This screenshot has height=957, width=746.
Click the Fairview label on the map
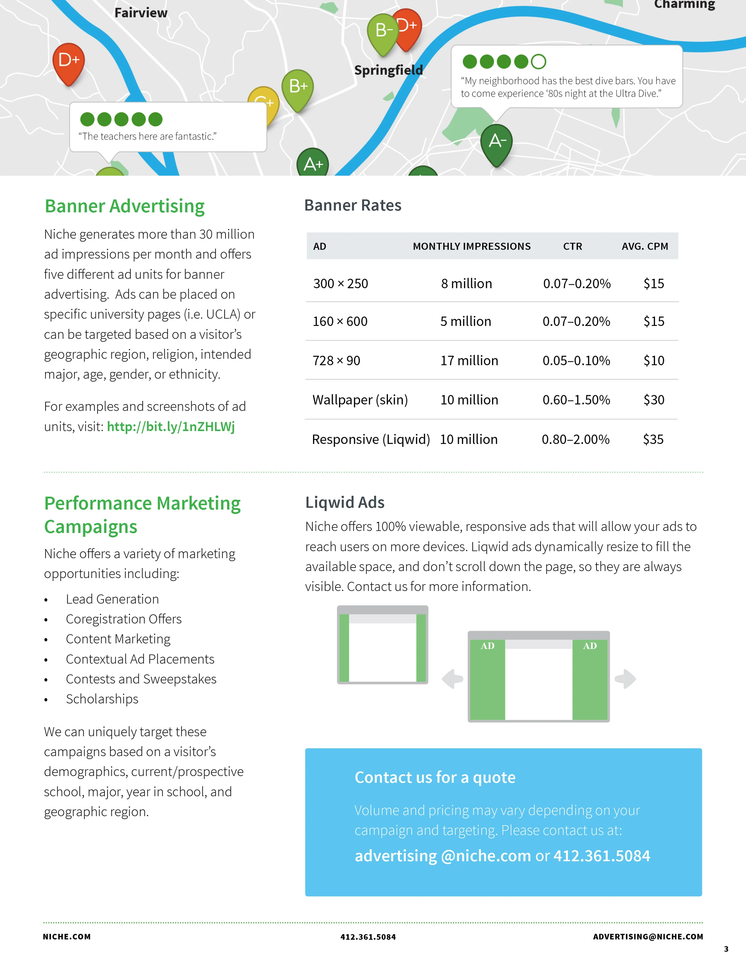tap(141, 13)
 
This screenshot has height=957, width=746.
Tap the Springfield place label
tap(388, 70)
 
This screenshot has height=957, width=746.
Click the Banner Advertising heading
tap(125, 206)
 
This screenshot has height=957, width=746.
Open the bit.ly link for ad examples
tap(171, 426)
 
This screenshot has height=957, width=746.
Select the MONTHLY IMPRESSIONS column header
tap(471, 246)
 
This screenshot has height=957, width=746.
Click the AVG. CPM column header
tap(645, 246)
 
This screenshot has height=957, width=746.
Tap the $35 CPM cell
tap(653, 439)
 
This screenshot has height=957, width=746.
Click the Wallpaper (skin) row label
tap(360, 400)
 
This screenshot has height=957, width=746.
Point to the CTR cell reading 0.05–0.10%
tap(576, 361)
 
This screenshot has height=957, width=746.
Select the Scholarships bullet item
tap(102, 699)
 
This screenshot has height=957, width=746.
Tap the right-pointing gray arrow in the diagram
tap(626, 679)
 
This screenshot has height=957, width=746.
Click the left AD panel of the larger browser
tap(487, 679)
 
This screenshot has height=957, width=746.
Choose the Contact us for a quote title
tap(435, 777)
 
